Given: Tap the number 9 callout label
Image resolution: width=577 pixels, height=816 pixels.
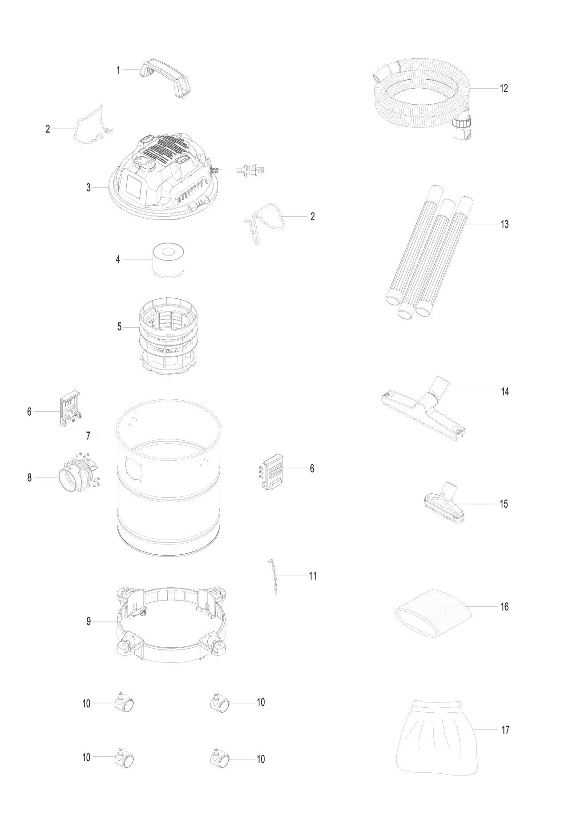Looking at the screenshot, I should [x=89, y=621].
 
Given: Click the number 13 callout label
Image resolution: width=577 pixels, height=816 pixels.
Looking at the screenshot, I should [x=504, y=224].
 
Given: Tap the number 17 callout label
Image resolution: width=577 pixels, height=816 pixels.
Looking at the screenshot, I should [x=505, y=730].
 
